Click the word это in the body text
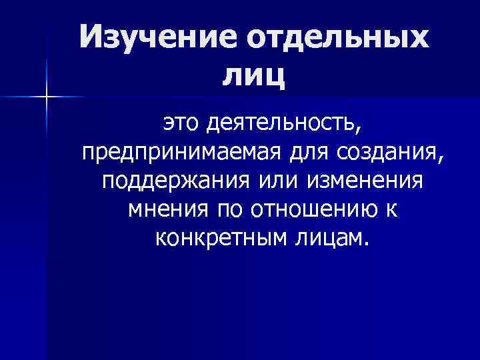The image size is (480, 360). click(181, 123)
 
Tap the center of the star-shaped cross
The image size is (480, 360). click(47, 97)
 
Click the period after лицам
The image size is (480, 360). click(364, 244)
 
